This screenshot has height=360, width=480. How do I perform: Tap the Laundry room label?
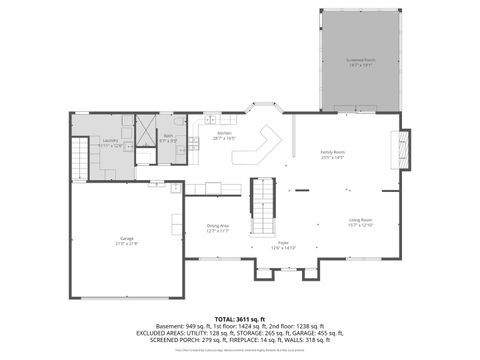point(110,140)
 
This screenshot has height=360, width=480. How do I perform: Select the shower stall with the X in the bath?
point(146,130)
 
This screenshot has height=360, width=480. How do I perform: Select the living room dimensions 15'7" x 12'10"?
point(360,225)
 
